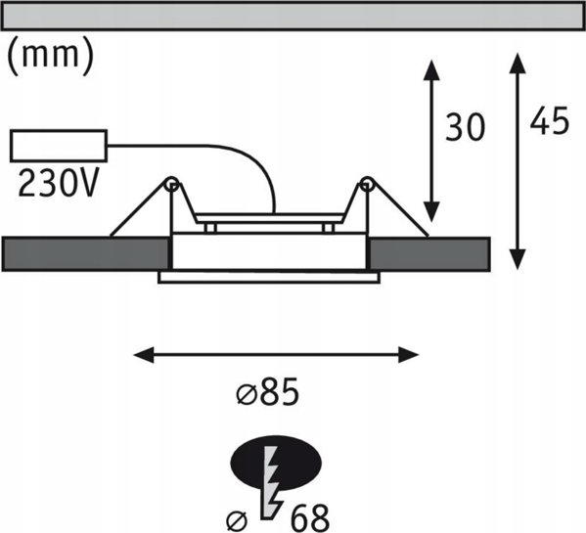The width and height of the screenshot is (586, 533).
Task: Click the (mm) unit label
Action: coord(51,56)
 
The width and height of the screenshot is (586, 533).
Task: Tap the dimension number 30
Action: coord(465,127)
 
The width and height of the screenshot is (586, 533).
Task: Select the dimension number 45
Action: coord(550,120)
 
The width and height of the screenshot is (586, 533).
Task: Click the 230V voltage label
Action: coord(59,183)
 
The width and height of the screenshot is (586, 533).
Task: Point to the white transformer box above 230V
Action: coord(59,146)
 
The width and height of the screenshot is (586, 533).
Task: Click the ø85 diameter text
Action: coord(268,391)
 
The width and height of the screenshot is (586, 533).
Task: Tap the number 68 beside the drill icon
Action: coord(310,518)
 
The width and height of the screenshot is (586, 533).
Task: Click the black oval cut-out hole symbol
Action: coord(277,463)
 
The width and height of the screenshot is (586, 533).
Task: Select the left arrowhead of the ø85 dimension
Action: coord(144,354)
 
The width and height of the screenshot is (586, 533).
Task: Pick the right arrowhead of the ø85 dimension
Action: coord(408,354)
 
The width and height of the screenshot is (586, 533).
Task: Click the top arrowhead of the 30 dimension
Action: coord(431,70)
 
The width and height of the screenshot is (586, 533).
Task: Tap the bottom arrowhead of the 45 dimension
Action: coord(518,259)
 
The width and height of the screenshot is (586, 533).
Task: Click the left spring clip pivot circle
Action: coord(172,184)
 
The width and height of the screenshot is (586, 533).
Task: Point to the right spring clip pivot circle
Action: coord(367,184)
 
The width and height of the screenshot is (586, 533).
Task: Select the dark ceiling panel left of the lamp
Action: coord(86,253)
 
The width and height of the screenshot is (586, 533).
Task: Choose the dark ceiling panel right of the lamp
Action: coord(429,253)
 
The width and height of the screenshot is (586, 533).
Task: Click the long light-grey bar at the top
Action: coord(293,17)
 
